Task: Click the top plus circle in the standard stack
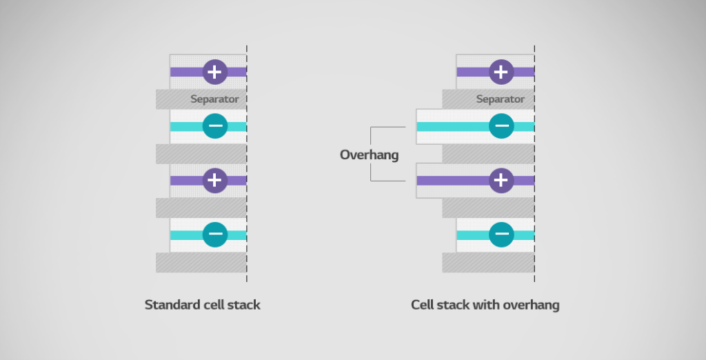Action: point(215,71)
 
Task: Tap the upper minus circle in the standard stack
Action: point(215,126)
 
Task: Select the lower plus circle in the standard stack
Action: point(215,180)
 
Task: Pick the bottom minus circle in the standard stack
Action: point(215,234)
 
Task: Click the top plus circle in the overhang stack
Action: point(501,71)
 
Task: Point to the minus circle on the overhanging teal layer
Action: point(501,126)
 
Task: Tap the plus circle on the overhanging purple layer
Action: point(501,181)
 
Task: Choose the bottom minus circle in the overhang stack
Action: point(501,234)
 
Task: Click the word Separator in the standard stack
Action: point(214,99)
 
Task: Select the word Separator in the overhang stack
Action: point(501,99)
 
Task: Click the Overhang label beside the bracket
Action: point(369,154)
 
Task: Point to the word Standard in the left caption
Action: point(170,304)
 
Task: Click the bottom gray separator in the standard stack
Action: point(201,262)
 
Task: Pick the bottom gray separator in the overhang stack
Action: point(487,262)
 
